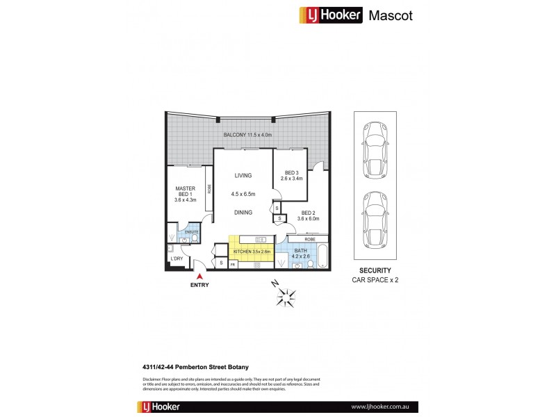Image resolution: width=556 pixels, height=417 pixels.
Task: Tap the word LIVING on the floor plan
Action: point(243,175)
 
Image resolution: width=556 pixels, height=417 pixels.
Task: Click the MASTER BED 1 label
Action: point(185,193)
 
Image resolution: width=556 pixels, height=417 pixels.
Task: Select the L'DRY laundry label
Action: point(177,259)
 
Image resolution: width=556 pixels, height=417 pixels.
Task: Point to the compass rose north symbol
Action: point(285,295)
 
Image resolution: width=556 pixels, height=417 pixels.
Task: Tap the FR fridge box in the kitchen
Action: point(233,264)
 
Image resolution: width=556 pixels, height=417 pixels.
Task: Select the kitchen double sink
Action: point(256,265)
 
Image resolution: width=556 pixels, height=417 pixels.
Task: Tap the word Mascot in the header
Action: point(391,16)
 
